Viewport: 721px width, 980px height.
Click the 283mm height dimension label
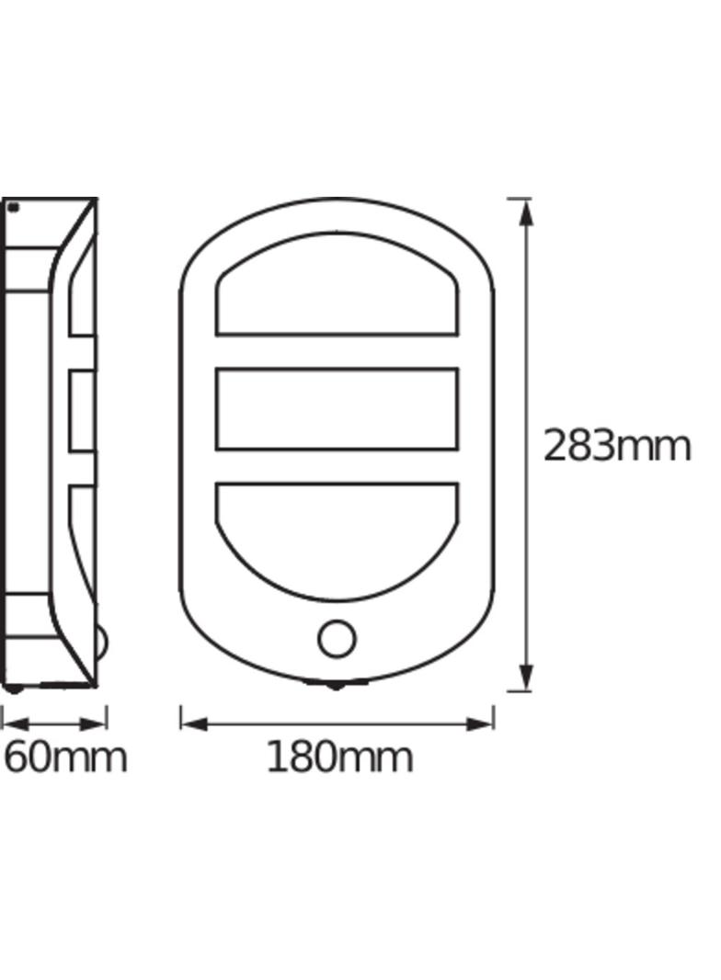[x=616, y=447]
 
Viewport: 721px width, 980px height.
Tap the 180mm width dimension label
[x=339, y=758]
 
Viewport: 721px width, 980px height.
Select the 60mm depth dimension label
[x=64, y=758]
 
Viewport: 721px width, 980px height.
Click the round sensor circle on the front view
[x=338, y=638]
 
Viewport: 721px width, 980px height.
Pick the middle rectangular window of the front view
[x=337, y=409]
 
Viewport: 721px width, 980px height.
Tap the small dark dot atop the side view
[x=13, y=208]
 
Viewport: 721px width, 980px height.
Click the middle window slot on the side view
[x=82, y=410]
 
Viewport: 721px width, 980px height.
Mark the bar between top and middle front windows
[x=337, y=351]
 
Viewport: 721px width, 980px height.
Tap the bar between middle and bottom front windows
[x=337, y=466]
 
